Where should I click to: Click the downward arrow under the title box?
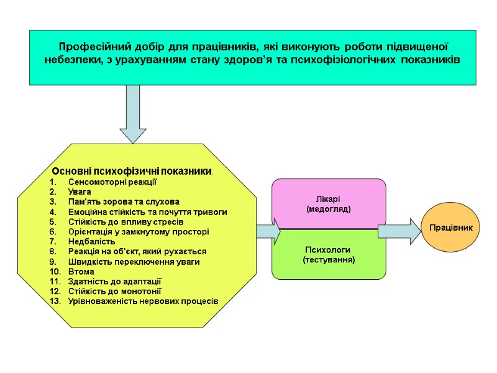coord(132,115)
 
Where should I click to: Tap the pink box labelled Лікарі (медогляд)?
coord(329,204)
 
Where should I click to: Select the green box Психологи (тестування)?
coord(329,254)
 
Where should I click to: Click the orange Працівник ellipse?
coord(451,228)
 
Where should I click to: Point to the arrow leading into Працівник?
coord(398,231)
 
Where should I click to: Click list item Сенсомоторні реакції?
coord(112,182)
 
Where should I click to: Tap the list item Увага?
coord(80,192)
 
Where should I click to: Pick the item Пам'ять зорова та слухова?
coord(124,202)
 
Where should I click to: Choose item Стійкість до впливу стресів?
coord(125,222)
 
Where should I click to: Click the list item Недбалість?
coord(91,241)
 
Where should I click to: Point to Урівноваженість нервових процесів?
coord(143,301)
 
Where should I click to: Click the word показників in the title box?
coord(430,60)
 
